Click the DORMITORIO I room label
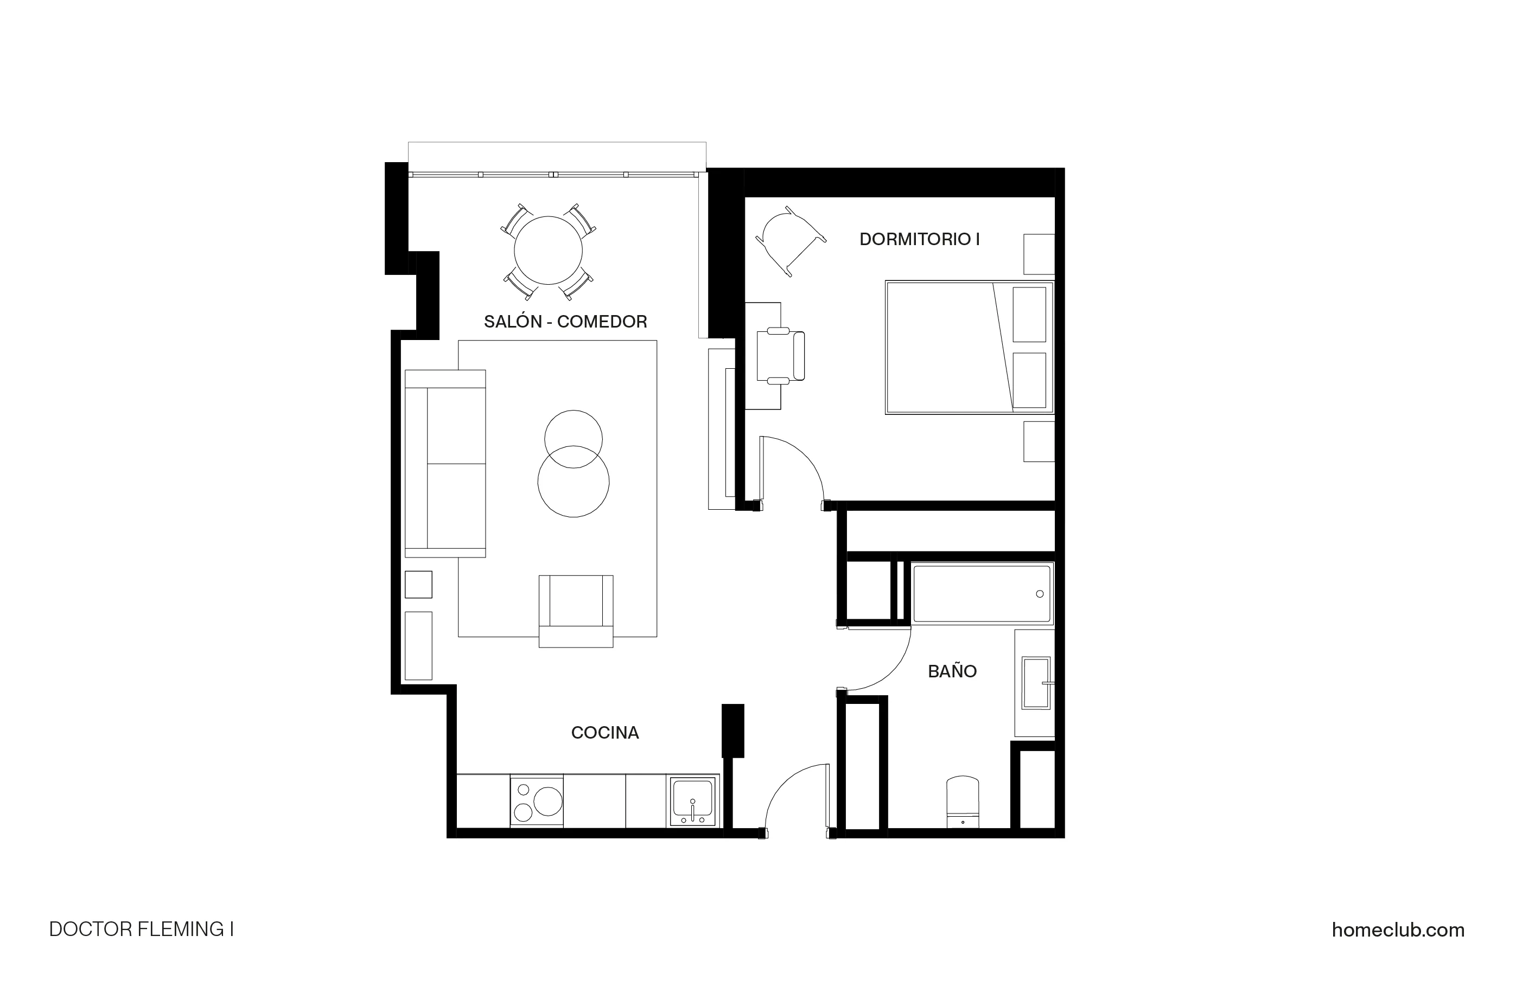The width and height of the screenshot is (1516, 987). click(919, 239)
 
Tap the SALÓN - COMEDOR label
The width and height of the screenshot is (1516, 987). click(565, 322)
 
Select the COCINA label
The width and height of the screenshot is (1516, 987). click(604, 733)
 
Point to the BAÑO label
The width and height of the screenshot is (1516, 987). click(952, 671)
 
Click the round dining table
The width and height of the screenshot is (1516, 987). click(548, 250)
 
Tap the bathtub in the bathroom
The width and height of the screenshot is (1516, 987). click(982, 593)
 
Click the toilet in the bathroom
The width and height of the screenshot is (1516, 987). click(963, 802)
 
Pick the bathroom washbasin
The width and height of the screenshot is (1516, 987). click(1036, 683)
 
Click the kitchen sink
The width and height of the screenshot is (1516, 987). click(692, 800)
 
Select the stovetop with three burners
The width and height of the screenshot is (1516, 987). click(536, 801)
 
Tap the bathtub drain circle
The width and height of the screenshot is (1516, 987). click(1040, 594)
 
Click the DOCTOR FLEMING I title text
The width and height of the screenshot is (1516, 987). click(142, 930)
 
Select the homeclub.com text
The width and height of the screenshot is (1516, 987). click(1398, 930)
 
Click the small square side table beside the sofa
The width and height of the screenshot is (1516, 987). click(418, 585)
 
